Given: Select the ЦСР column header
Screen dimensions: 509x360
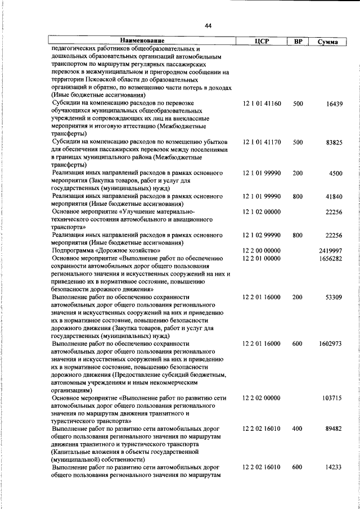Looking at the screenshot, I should [x=263, y=42].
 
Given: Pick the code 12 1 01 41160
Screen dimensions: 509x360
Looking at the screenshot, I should [x=262, y=104].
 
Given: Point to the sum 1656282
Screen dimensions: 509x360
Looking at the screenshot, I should [x=330, y=258].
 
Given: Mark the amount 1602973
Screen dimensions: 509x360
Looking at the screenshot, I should [x=330, y=343].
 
